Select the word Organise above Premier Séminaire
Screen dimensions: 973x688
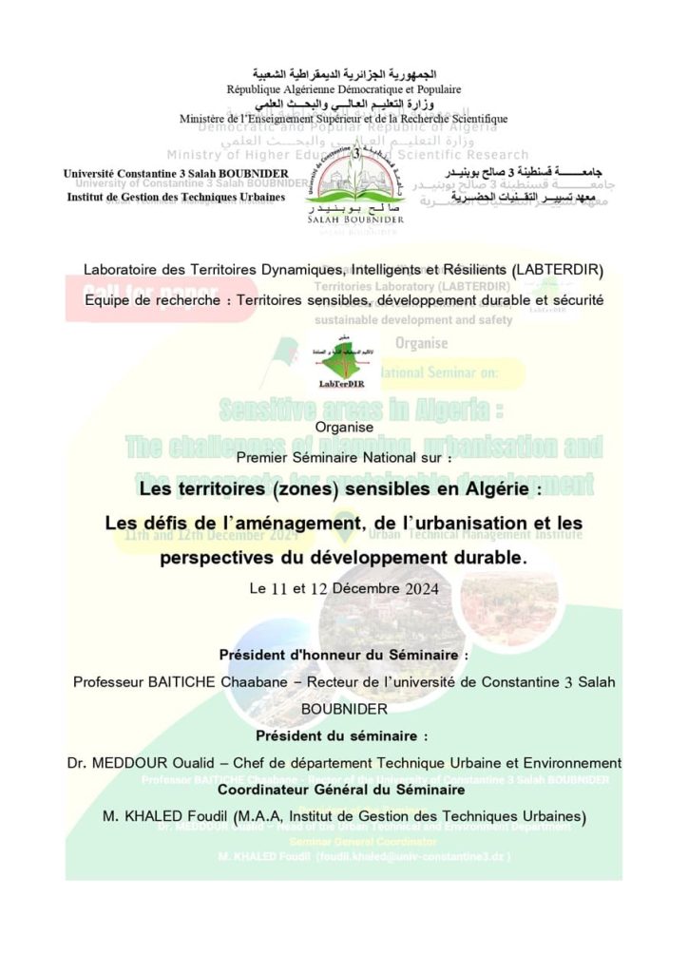343,428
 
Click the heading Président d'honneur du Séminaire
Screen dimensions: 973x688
344,655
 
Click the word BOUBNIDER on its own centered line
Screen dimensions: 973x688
343,708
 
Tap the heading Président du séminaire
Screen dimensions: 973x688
343,735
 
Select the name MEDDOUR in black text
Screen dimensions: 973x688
127,762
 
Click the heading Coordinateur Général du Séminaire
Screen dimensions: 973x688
343,790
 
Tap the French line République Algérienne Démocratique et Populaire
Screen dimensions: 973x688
343,89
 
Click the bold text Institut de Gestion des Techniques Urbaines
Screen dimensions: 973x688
176,198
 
